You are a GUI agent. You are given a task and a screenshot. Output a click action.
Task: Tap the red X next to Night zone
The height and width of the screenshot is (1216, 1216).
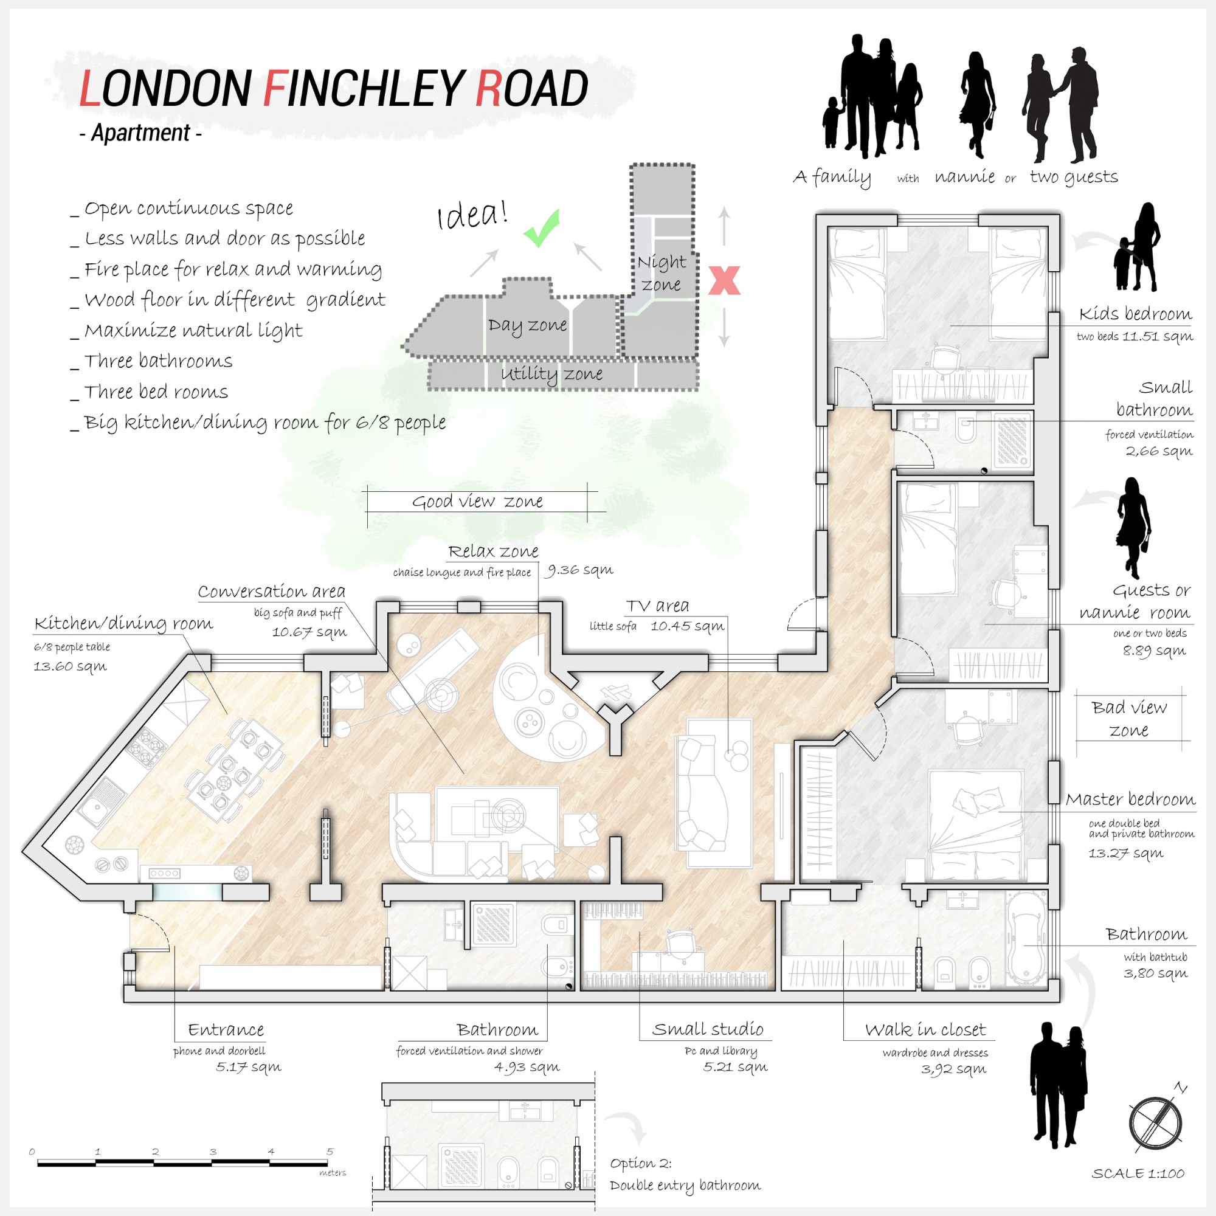coord(725,281)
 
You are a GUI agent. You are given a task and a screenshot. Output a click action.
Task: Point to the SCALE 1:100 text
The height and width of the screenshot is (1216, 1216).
coord(1138,1174)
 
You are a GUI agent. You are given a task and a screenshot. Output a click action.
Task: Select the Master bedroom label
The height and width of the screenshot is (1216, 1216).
coord(1130,800)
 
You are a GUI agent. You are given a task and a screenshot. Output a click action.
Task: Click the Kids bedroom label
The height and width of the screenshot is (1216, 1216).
coord(1135,314)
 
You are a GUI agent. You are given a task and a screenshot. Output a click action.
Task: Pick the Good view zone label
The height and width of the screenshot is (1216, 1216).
coord(478,502)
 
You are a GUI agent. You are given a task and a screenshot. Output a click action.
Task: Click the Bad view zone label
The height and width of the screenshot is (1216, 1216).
coord(1129,719)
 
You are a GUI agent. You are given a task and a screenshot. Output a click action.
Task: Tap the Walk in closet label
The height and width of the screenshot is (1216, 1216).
coord(925,1030)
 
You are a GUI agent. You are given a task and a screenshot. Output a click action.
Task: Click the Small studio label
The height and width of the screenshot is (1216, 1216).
coord(708,1029)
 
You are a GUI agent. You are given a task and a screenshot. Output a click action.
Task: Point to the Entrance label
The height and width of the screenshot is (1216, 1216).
coord(226,1030)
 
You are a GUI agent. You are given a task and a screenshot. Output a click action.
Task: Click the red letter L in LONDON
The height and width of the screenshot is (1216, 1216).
coord(89,88)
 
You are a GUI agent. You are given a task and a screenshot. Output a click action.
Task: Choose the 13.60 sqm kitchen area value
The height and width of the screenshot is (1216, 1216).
coord(70,666)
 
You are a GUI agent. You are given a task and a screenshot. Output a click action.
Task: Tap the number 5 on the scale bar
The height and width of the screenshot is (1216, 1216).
coord(330,1151)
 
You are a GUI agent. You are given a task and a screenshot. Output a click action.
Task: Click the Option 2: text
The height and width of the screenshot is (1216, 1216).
coord(641,1164)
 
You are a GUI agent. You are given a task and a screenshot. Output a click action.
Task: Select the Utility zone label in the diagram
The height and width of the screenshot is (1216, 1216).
coord(551,375)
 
